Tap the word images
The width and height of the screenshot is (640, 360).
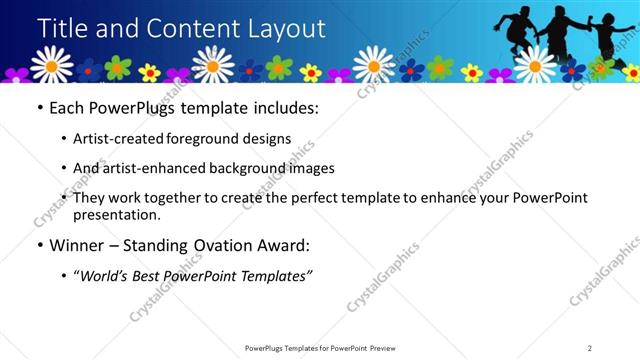tap(309, 169)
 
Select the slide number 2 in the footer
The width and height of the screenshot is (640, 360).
tap(590, 348)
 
